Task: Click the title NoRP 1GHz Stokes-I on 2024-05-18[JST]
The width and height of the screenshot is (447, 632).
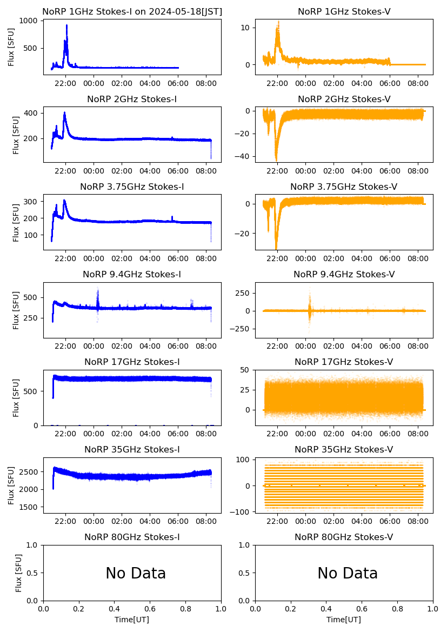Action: tap(132, 11)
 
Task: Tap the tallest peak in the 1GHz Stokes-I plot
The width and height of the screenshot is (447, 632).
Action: tap(66, 25)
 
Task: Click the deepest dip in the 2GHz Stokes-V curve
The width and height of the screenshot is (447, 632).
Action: tap(276, 159)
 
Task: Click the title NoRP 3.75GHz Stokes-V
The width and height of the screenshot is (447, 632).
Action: tap(344, 187)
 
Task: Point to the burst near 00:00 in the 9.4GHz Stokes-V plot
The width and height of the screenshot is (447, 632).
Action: tap(310, 310)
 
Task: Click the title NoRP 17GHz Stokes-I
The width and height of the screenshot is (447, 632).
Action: tap(132, 362)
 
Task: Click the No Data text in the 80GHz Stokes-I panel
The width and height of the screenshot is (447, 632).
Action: tap(136, 573)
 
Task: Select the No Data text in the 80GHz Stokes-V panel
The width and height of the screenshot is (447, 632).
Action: tap(348, 573)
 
